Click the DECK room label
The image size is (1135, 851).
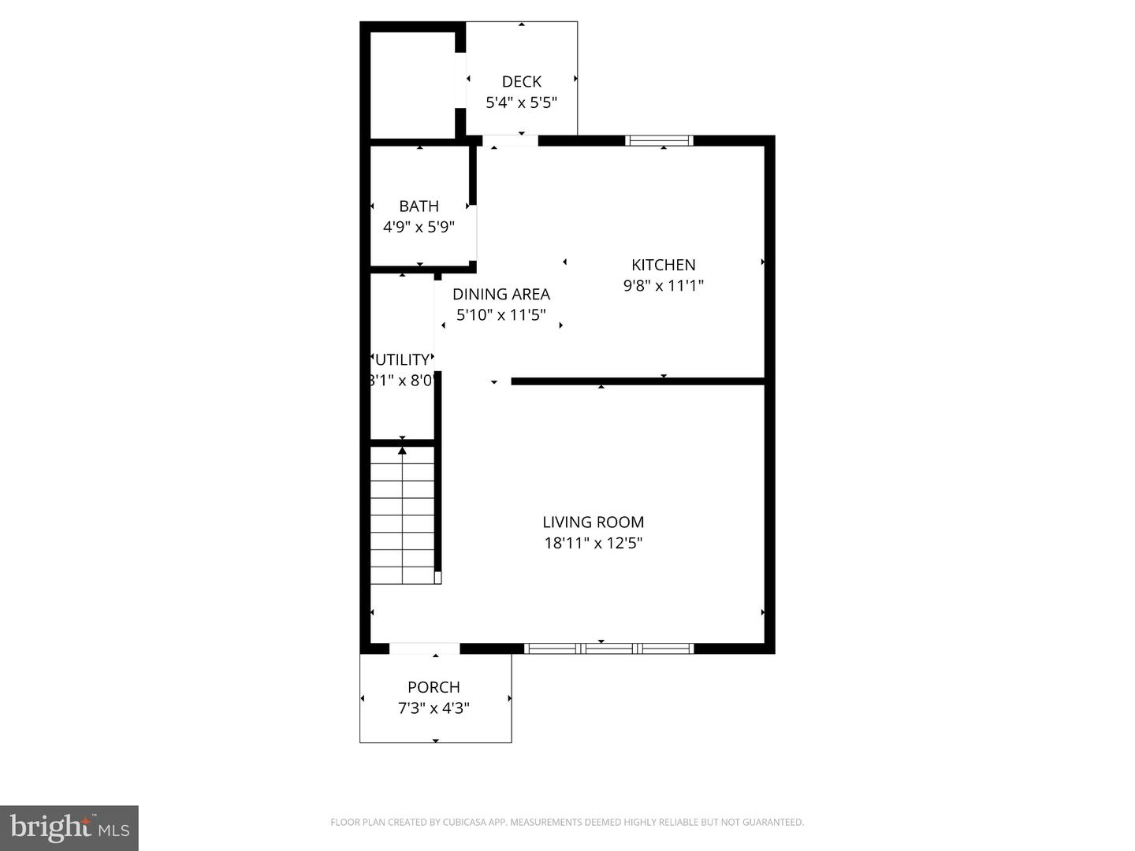[521, 81]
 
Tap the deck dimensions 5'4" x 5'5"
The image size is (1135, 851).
[521, 102]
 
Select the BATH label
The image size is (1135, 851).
[419, 206]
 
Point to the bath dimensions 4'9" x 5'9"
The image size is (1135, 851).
[419, 227]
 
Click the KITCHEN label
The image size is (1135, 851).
[663, 265]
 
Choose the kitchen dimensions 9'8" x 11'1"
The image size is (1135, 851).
[663, 285]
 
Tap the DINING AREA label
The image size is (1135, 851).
[501, 294]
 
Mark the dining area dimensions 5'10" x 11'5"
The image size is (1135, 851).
[501, 315]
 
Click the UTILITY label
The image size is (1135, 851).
[403, 360]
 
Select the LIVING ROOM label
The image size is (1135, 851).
[593, 522]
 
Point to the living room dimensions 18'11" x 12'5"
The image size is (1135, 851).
[593, 543]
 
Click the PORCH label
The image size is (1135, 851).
[434, 687]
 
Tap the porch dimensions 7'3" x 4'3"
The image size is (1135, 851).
[434, 708]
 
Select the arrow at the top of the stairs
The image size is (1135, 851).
[402, 451]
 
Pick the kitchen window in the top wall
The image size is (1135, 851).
[659, 141]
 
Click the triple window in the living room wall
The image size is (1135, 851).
[608, 648]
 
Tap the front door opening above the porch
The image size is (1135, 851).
[424, 648]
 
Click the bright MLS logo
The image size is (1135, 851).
[69, 827]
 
